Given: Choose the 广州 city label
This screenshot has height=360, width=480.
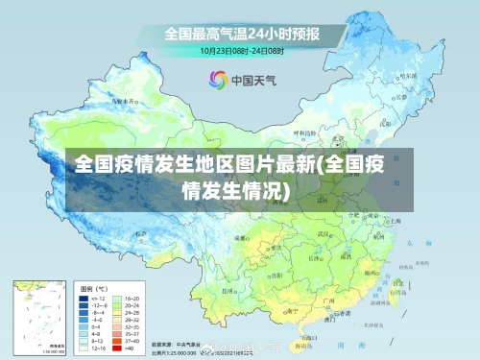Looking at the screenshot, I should click(x=325, y=300).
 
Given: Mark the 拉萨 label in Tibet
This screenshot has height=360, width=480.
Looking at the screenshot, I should click(x=142, y=233).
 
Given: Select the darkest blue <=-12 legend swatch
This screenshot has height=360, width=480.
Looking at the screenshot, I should click(x=84, y=299).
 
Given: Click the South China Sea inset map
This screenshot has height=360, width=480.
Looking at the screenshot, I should click(x=39, y=316).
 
